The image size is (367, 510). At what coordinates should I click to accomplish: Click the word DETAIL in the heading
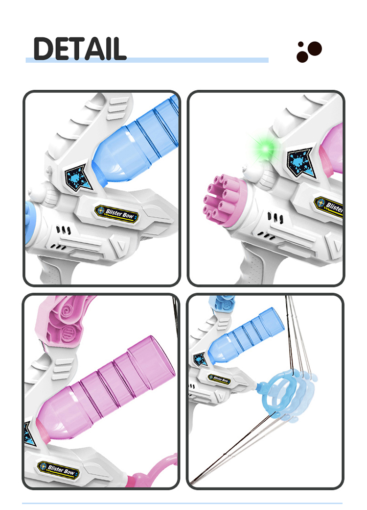tap(80, 49)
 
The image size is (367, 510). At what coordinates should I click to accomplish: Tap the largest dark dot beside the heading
tap(315, 49)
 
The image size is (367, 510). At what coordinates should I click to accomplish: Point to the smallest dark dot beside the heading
tap(301, 44)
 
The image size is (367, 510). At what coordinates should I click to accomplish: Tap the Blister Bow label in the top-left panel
tap(116, 213)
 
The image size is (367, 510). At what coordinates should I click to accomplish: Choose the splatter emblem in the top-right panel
tap(301, 162)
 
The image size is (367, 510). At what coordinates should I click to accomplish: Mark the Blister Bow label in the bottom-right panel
tap(219, 379)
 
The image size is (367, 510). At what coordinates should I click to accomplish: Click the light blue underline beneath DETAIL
tap(147, 60)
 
